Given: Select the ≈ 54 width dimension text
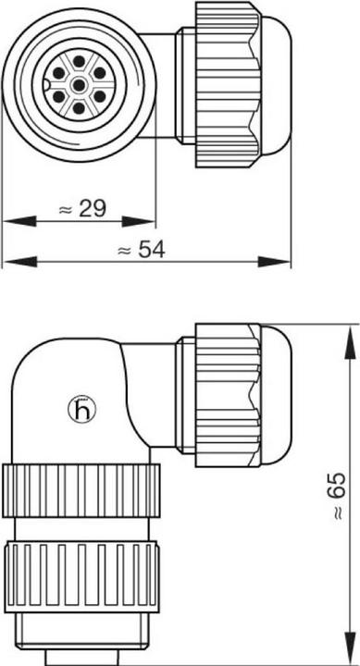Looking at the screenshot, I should [x=142, y=251].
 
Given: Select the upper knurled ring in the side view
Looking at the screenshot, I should [x=81, y=484].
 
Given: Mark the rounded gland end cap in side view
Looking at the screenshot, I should [x=277, y=394].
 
